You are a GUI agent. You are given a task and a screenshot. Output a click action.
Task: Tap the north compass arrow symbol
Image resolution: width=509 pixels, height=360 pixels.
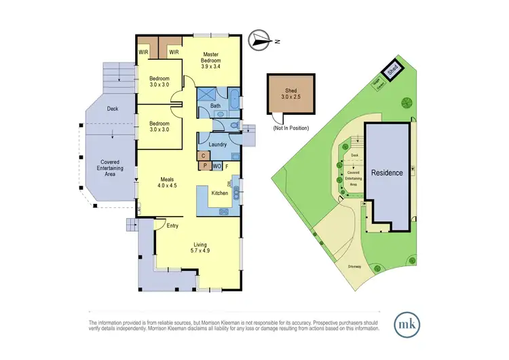pos(260,41)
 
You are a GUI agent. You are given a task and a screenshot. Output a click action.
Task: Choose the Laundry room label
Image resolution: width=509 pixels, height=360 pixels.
pos(217,145)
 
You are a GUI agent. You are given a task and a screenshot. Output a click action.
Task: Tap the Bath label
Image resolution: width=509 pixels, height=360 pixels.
pos(215,106)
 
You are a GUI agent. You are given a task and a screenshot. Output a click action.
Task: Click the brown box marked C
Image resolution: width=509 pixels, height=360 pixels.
pos(203,156)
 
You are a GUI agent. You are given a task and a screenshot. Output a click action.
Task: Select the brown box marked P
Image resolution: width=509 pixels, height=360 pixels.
pos(203,165)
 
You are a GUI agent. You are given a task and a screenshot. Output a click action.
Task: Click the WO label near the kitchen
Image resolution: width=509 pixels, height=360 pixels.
pos(216,166)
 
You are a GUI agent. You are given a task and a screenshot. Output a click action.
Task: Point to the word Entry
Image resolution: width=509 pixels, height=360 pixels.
pos(173,226)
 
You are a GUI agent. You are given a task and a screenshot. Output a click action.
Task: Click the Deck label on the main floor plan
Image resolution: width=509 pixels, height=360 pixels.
pos(113,108)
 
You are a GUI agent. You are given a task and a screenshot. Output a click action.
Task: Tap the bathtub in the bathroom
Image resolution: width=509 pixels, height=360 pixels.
pos(233,99)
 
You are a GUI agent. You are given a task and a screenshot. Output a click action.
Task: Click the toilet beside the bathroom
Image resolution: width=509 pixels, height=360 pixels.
pos(232,126)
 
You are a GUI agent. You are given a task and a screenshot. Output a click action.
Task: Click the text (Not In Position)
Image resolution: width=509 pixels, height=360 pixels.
pos(290,128)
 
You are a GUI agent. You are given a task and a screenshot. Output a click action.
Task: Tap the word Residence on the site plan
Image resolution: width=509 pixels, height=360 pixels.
pos(387,173)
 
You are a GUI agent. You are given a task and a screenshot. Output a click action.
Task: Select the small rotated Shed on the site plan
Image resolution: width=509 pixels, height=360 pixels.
pos(392,69)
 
